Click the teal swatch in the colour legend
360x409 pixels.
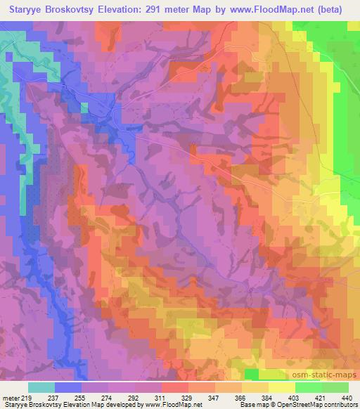click(x=41, y=388)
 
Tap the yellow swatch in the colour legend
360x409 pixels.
click(x=282, y=388)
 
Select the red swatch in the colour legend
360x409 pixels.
click(x=175, y=388)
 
